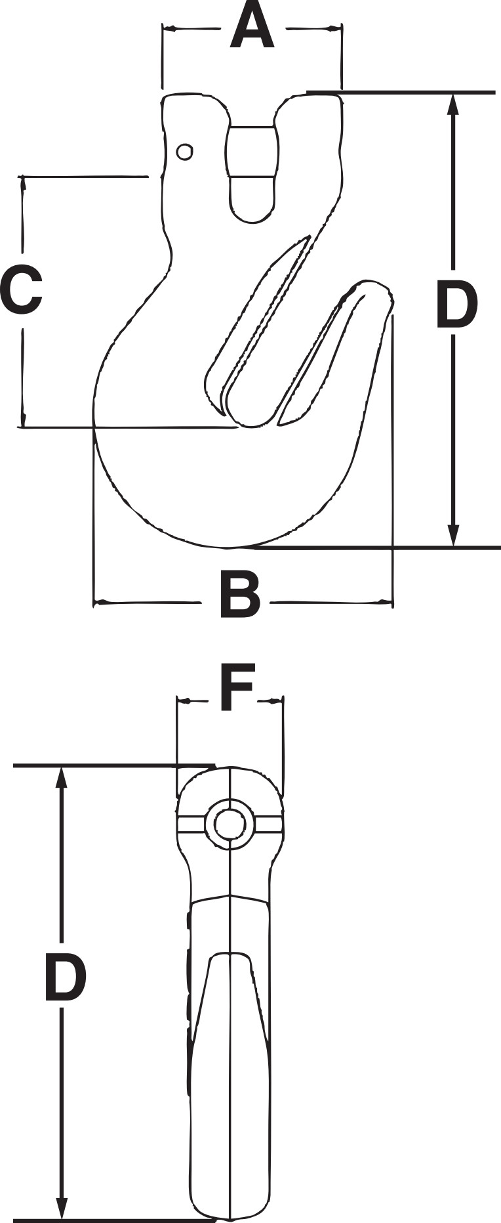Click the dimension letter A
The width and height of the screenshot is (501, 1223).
pyautogui.click(x=252, y=27)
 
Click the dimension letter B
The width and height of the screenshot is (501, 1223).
pyautogui.click(x=240, y=595)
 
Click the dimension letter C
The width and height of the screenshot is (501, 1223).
pyautogui.click(x=21, y=290)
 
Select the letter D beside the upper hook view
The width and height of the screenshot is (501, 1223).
pyautogui.click(x=456, y=305)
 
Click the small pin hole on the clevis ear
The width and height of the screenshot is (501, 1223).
pyautogui.click(x=185, y=152)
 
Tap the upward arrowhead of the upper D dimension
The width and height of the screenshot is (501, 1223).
pyautogui.click(x=452, y=105)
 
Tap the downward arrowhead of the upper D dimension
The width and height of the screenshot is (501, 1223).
pyautogui.click(x=452, y=534)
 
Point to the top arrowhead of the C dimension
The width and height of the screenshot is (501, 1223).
pyautogui.click(x=24, y=184)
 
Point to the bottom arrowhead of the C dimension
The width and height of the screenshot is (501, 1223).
pyautogui.click(x=24, y=419)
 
